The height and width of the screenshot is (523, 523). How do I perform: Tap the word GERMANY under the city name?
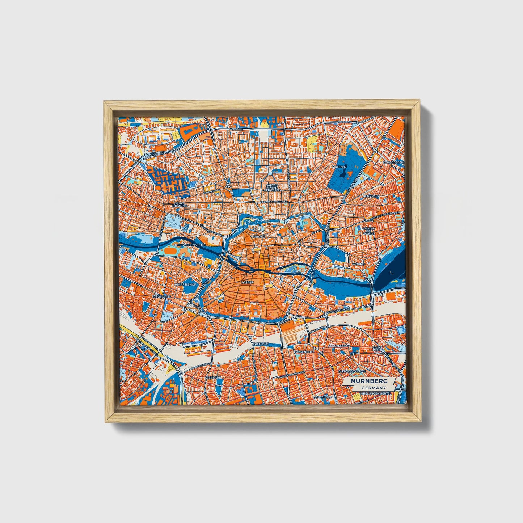(x=373, y=388)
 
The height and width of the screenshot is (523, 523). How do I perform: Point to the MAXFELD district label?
(x=339, y=167)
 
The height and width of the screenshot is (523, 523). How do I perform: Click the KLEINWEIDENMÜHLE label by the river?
(x=189, y=245)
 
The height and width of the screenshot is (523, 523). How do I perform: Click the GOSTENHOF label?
(x=161, y=296)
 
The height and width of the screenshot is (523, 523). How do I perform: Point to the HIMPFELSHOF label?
(x=185, y=284)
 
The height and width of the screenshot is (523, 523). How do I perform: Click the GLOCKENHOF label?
(x=338, y=346)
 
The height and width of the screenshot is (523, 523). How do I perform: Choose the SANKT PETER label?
(x=377, y=349)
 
